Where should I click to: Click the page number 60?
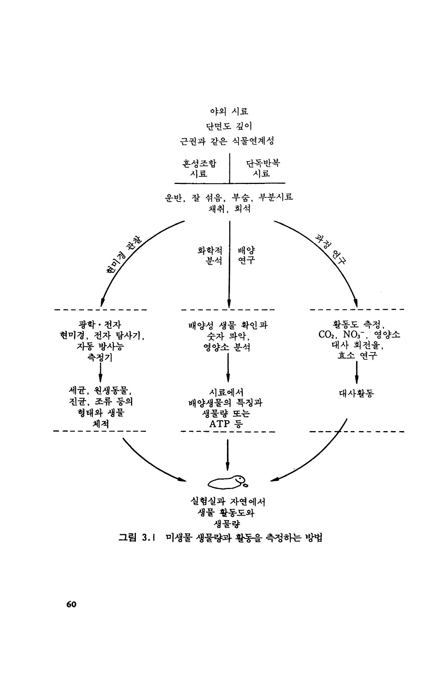pyautogui.click(x=71, y=604)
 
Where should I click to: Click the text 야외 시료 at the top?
pyautogui.click(x=229, y=111)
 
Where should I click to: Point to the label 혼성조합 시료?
pyautogui.click(x=199, y=169)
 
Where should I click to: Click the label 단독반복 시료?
pyautogui.click(x=262, y=169)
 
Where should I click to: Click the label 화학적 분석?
pyautogui.click(x=210, y=255)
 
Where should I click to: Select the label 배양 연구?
pyautogui.click(x=246, y=255)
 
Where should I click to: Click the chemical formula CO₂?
pyautogui.click(x=327, y=335)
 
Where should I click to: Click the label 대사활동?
pyautogui.click(x=357, y=393)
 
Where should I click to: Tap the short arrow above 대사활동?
pyautogui.click(x=357, y=372)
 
